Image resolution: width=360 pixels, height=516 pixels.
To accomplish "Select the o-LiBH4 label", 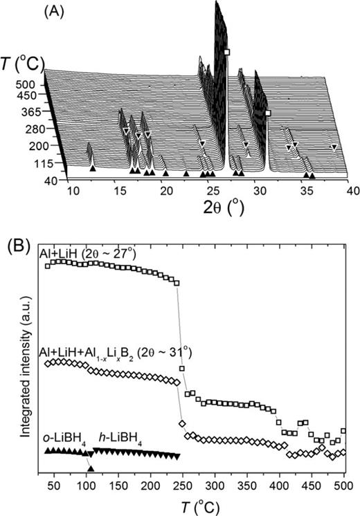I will point(63,439).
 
